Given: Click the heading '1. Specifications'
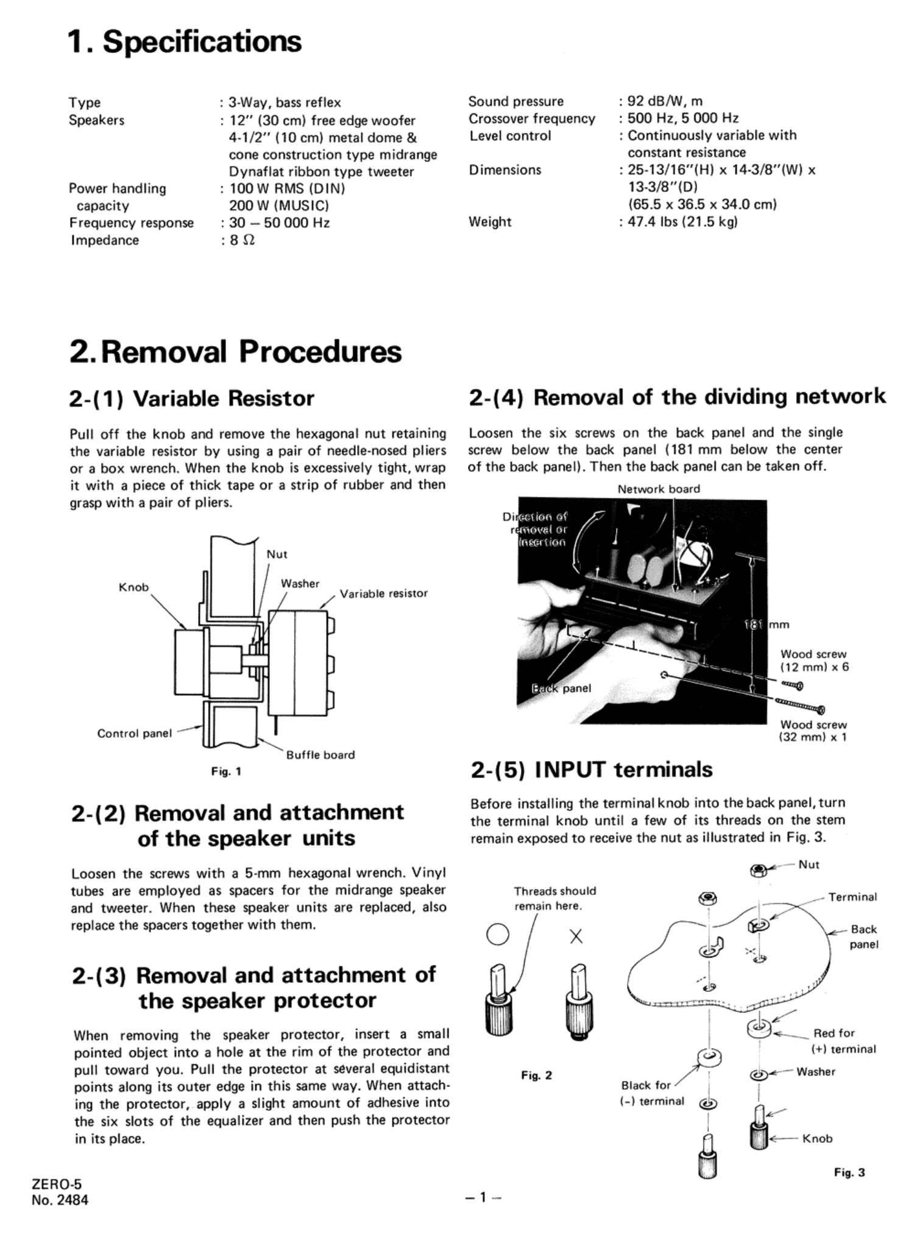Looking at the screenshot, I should [x=185, y=42].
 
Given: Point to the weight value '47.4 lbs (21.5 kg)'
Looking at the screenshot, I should [x=682, y=221].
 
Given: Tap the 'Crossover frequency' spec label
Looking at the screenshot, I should [x=531, y=119].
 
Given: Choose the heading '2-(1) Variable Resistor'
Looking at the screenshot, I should [x=192, y=398].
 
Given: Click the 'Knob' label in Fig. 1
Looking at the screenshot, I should [x=133, y=587].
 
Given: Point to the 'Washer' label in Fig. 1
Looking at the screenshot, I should [x=300, y=583].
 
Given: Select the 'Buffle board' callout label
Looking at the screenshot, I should [x=321, y=755].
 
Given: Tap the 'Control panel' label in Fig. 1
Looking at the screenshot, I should [x=135, y=733].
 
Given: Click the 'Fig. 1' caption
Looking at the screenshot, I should [x=226, y=771].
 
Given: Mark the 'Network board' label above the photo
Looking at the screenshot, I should [x=659, y=489].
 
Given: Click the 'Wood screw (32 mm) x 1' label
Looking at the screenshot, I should [x=813, y=731].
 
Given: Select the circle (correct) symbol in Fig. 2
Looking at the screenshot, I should [x=497, y=935].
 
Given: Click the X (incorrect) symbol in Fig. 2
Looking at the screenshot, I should [x=576, y=936].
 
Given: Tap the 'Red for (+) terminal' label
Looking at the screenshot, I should [x=843, y=1041].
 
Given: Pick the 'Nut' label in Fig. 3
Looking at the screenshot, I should [x=809, y=865].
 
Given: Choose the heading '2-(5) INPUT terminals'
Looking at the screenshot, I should [x=591, y=770].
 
